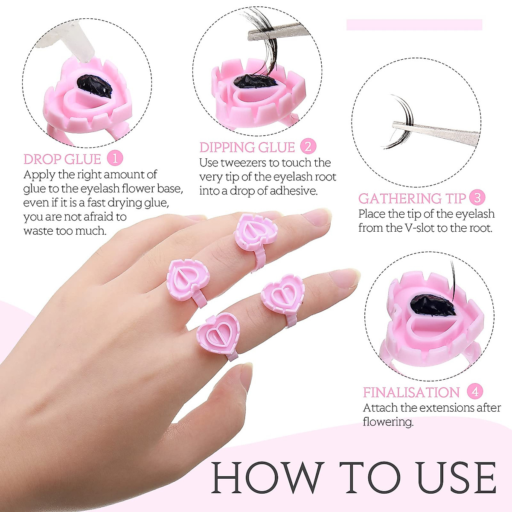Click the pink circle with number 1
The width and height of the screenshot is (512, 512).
(x=115, y=158)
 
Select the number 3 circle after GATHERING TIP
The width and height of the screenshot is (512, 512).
(x=477, y=198)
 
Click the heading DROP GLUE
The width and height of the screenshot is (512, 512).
(x=62, y=159)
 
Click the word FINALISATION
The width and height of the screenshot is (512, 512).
(x=411, y=392)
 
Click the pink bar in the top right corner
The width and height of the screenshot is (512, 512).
(x=414, y=25)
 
